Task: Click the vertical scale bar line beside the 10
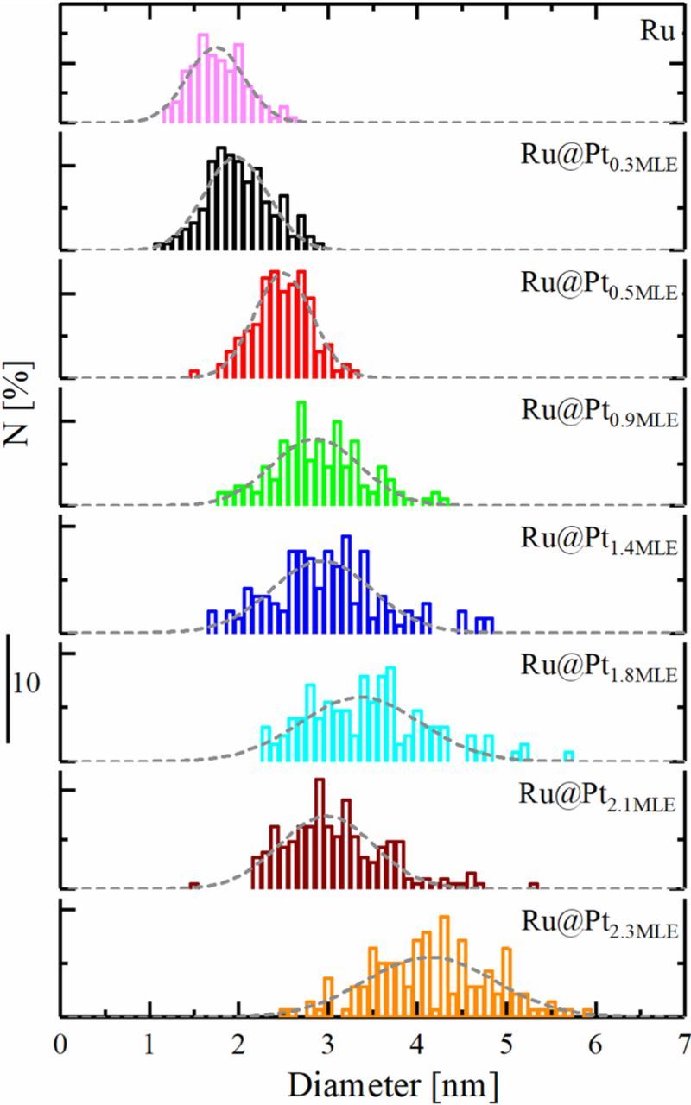(9, 688)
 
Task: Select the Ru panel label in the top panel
(662, 30)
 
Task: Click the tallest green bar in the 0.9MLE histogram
(301, 452)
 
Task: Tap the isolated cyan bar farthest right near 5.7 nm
(568, 756)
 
